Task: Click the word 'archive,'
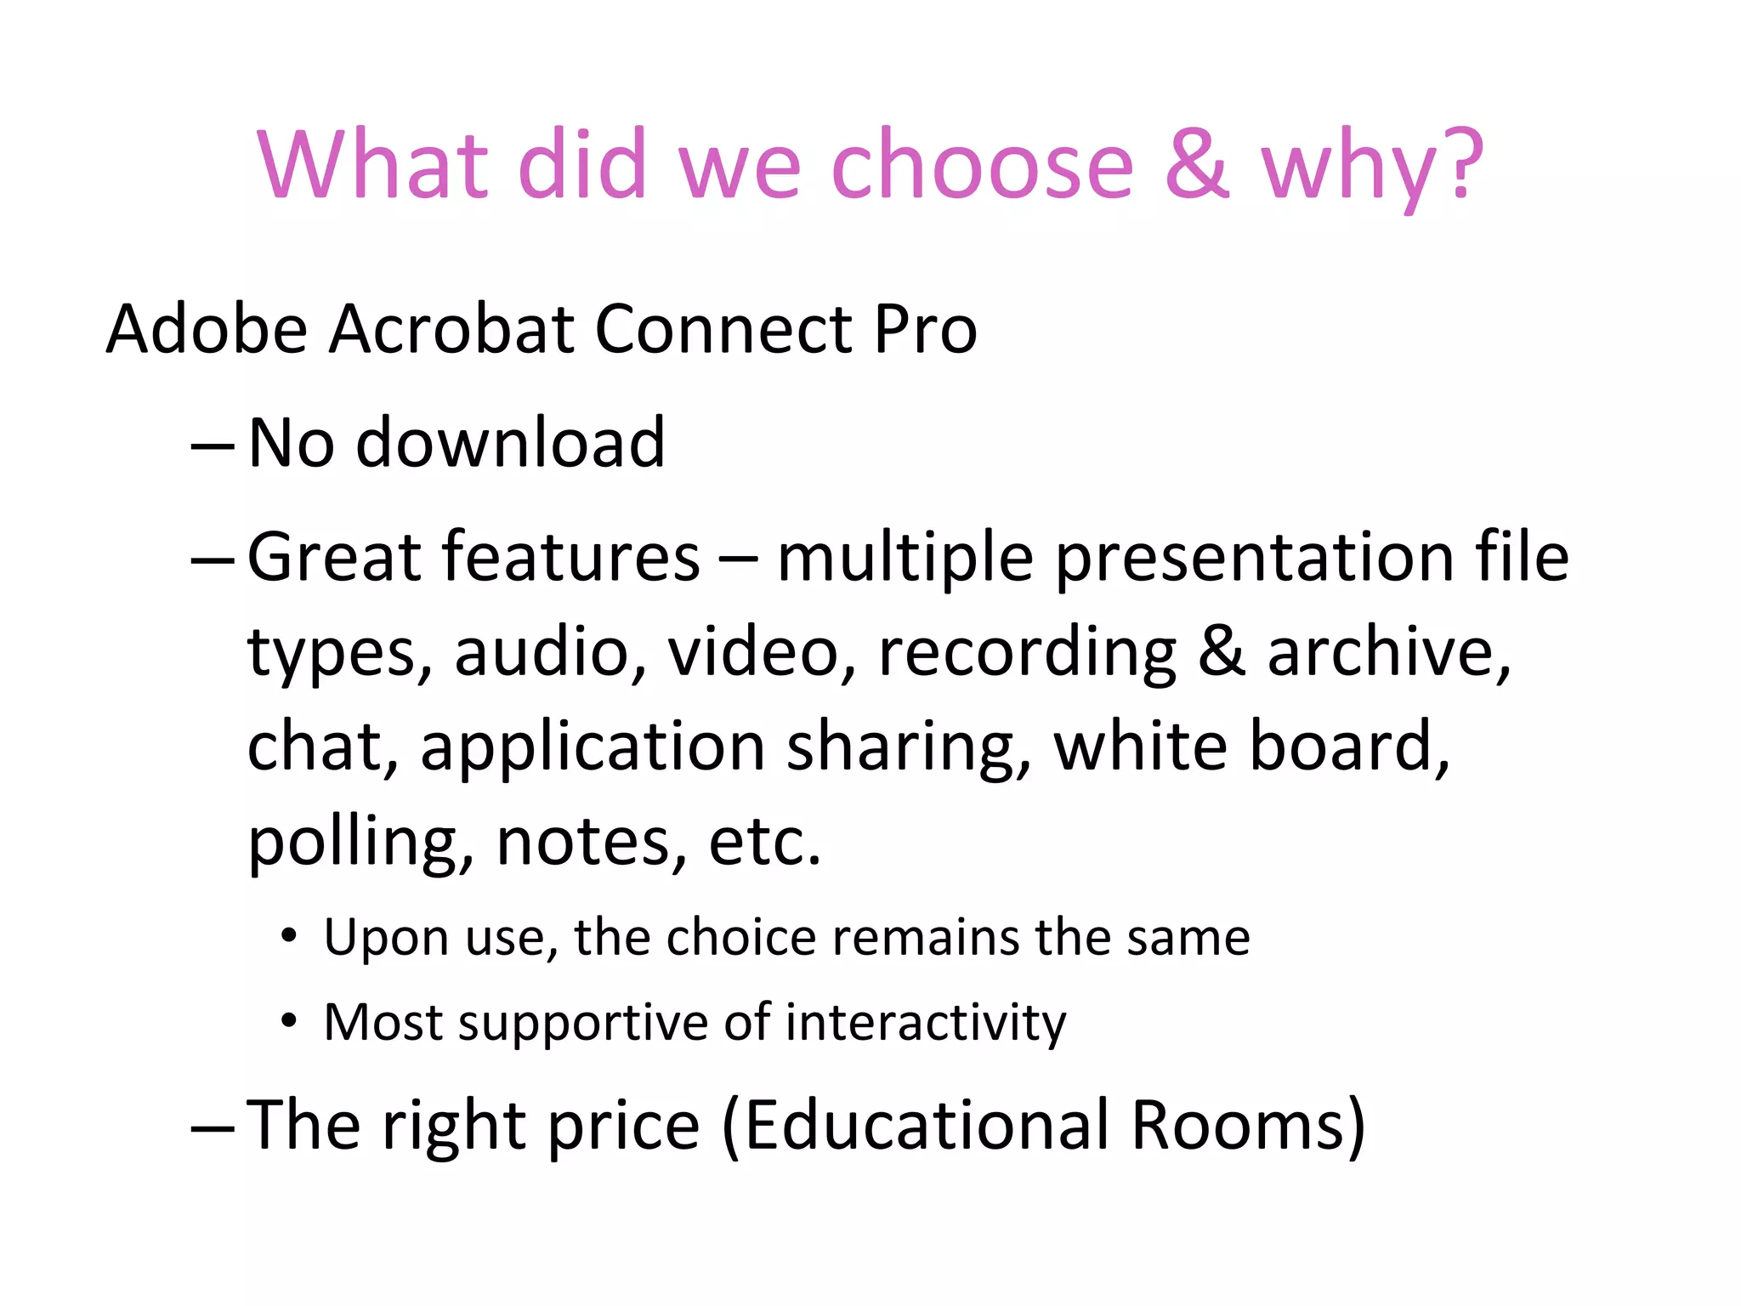1389,653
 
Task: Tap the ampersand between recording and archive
1222,653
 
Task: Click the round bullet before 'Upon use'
289,936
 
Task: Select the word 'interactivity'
926,1022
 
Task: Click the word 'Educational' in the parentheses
927,1125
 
